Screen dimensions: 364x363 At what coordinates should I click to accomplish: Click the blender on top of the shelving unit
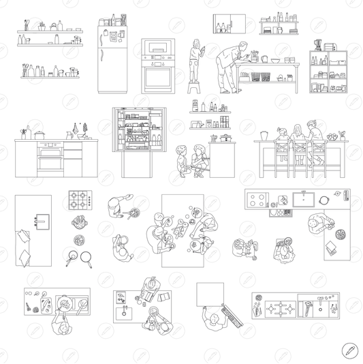pyautogui.click(x=317, y=46)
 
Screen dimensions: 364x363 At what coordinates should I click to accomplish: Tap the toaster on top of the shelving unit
pyautogui.click(x=330, y=48)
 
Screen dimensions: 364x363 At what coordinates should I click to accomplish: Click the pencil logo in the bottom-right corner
pyautogui.click(x=350, y=350)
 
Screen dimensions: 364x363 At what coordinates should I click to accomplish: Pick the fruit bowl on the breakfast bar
pyautogui.click(x=332, y=136)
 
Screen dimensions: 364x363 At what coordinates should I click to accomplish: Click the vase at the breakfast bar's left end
pyautogui.click(x=263, y=134)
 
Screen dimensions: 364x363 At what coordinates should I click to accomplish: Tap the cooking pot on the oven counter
pyautogui.click(x=40, y=136)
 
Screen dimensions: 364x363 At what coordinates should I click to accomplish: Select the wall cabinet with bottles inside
pyautogui.click(x=227, y=24)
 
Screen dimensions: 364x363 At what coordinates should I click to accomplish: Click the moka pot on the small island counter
pyautogui.click(x=214, y=138)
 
